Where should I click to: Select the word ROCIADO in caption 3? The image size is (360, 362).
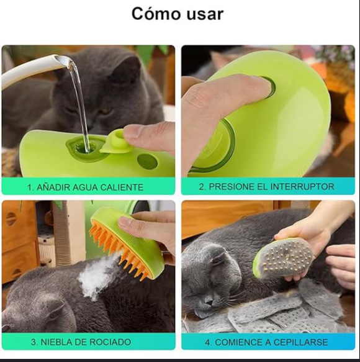110,342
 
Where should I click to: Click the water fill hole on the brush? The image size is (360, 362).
83,147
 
